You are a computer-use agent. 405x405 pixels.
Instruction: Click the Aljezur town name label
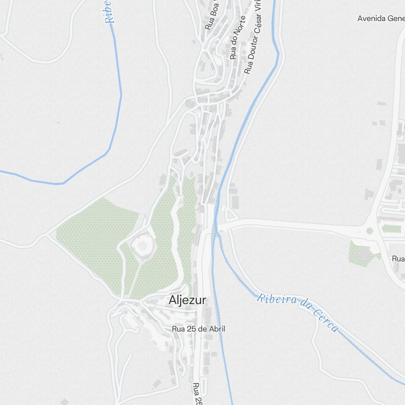(x=188, y=301)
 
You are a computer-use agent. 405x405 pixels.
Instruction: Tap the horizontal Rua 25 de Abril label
(x=198, y=329)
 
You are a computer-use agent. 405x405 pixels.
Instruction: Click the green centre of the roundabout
(x=369, y=231)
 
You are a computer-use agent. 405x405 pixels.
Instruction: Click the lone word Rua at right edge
(x=398, y=258)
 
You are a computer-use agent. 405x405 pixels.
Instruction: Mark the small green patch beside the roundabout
(x=391, y=229)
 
